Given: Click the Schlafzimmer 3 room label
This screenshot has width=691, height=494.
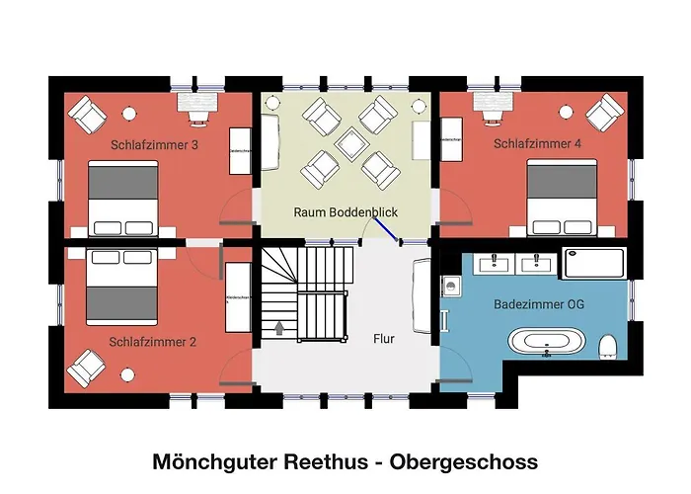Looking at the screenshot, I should [154, 144].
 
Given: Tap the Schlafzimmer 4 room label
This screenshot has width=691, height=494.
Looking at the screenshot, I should [537, 144].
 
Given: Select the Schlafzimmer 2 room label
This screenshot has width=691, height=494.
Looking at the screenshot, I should [153, 342].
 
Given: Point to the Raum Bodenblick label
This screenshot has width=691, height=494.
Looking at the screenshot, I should [345, 212].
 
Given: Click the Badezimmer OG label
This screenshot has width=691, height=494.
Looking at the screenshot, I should [539, 305].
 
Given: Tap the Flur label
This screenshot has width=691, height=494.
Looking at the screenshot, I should [384, 339].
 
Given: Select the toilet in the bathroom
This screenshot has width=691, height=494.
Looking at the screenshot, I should [608, 345].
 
